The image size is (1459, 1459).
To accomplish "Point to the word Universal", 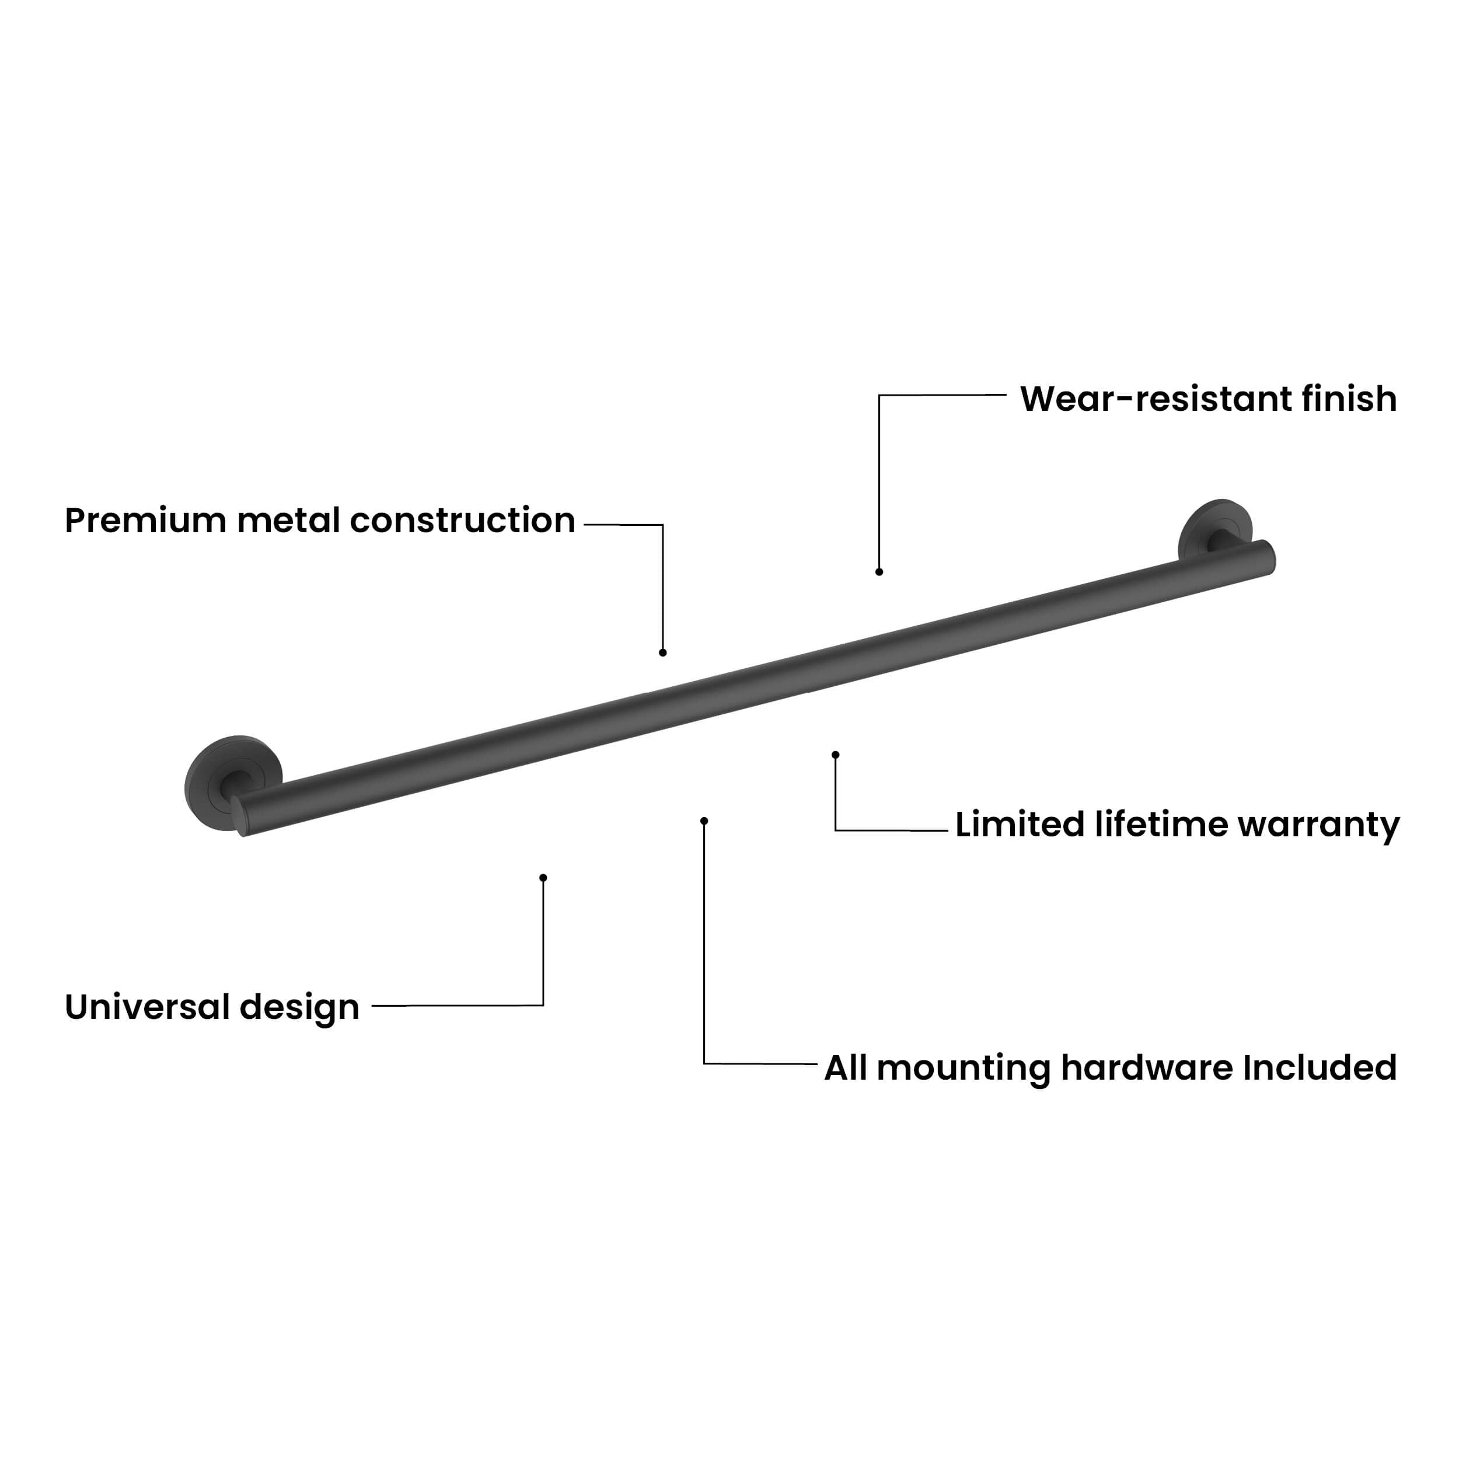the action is pos(147,1007).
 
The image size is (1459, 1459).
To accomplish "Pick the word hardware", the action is pos(1147,1068).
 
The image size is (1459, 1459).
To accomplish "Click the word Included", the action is pos(1320,1068).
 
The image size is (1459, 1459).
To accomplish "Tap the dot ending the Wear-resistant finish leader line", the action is pos(879,572).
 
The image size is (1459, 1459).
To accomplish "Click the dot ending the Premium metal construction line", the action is pos(663,652).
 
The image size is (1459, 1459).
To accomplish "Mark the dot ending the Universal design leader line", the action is pos(543,878).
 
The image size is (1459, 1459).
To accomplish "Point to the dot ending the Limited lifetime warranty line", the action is pos(835,755).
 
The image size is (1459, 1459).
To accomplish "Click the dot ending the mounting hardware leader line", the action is pos(704,821).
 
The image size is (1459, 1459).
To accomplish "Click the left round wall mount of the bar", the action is pos(232,783).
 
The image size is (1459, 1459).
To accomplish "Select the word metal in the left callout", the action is pos(288,521).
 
